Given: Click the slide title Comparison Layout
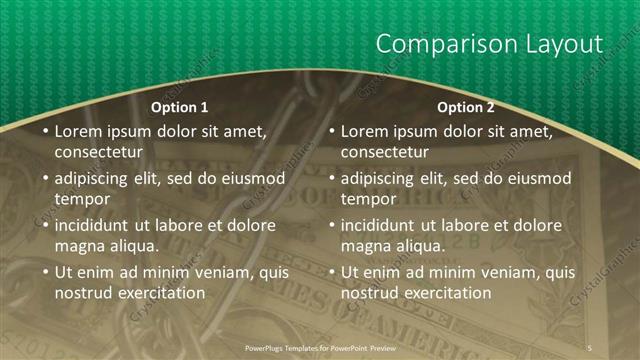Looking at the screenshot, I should click(x=488, y=44).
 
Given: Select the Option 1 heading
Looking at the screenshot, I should click(x=180, y=107).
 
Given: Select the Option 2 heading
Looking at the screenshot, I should click(x=466, y=107).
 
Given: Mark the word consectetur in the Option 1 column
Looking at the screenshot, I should click(x=98, y=152).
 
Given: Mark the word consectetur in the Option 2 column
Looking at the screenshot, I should click(x=384, y=152).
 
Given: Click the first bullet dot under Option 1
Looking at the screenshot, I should click(x=45, y=132).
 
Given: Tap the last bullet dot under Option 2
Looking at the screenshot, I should click(x=331, y=273).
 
